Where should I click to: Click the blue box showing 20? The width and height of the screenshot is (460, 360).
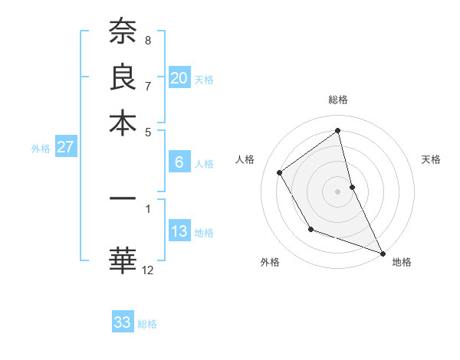pyautogui.click(x=179, y=78)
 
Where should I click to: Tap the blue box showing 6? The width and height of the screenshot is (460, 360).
pyautogui.click(x=179, y=162)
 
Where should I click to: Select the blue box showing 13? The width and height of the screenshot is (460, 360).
pyautogui.click(x=179, y=232)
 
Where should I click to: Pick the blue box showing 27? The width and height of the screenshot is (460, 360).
pyautogui.click(x=65, y=148)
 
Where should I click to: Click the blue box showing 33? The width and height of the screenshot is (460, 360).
pyautogui.click(x=123, y=322)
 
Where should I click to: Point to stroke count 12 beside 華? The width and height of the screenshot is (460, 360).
pyautogui.click(x=148, y=270)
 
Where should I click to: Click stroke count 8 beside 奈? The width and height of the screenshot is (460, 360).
pyautogui.click(x=148, y=40)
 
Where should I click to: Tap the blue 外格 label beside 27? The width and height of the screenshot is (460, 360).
pyautogui.click(x=41, y=149)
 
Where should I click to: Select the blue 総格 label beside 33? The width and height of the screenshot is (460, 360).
pyautogui.click(x=147, y=324)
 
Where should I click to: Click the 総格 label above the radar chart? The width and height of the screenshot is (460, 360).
pyautogui.click(x=338, y=100)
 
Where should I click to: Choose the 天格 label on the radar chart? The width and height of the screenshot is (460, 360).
pyautogui.click(x=432, y=159)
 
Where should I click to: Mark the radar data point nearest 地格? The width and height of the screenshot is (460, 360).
pyautogui.click(x=383, y=253)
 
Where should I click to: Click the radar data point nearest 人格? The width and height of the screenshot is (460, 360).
pyautogui.click(x=280, y=172)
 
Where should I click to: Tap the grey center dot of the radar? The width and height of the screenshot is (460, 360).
pyautogui.click(x=338, y=191)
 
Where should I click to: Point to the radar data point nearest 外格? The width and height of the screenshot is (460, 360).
pyautogui.click(x=310, y=229)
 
